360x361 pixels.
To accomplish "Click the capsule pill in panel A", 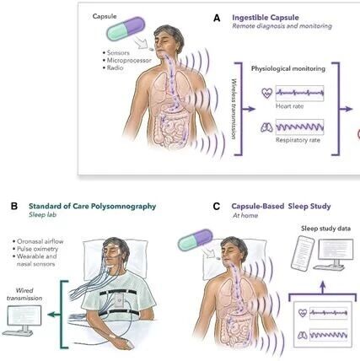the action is coord(126,29).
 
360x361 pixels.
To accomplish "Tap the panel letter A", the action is coord(217,19).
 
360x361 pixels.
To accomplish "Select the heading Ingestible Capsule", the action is coord(266,18).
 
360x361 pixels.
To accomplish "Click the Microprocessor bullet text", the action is coord(129,60).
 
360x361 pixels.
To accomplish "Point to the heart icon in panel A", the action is coord(266,93).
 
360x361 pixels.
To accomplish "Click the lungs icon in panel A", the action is coord(266,127).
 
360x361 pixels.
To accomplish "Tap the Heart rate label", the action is coord(289,106).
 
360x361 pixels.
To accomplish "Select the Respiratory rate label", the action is coord(298,140).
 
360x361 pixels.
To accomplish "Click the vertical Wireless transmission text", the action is coord(234,109).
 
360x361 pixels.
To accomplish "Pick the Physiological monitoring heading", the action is coord(288,68).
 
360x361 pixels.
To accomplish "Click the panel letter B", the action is coord(14,206).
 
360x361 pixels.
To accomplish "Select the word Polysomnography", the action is coord(124,207).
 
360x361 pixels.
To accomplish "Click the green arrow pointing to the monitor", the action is coord(54,315).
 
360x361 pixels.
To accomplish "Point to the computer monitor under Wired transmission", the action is coord(24,320).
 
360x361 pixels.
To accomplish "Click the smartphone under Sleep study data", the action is coord(303,253).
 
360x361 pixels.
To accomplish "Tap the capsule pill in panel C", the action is coord(196,240).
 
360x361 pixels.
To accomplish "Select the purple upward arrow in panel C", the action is coord(322,287).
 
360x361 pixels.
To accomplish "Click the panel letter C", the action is coord(217,207).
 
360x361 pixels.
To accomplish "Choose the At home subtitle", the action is coord(245,215).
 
